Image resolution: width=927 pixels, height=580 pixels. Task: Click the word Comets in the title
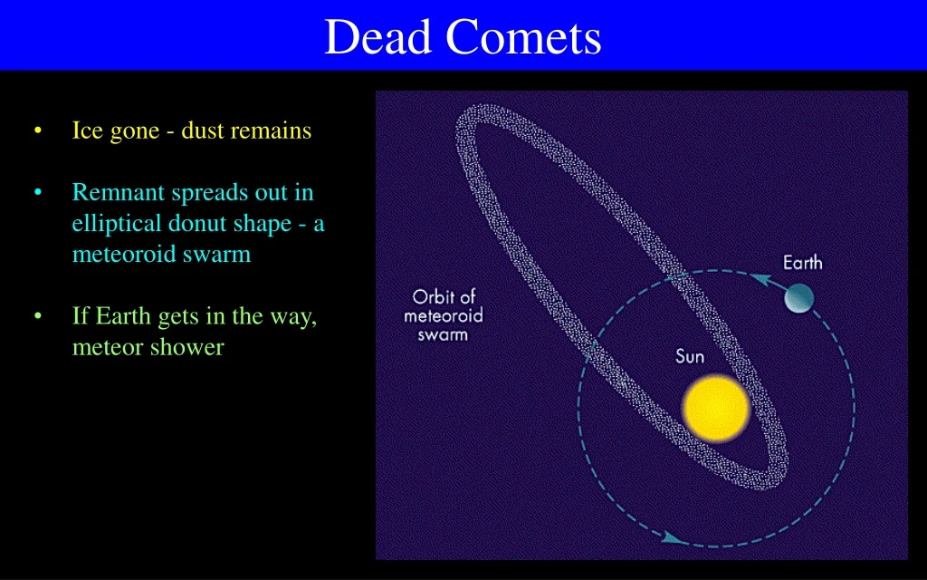(524, 38)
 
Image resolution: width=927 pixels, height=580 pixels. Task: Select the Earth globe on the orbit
(799, 297)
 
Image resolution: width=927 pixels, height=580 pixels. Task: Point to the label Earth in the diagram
(802, 263)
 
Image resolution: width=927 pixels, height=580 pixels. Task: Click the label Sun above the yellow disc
(690, 356)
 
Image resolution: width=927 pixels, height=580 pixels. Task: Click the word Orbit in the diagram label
(434, 297)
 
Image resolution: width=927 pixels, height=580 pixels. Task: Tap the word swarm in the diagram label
(443, 334)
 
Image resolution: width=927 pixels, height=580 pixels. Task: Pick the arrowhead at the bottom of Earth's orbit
(671, 538)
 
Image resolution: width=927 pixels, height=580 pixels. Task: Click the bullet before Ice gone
(37, 131)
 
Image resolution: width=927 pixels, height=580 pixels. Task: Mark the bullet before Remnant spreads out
(37, 193)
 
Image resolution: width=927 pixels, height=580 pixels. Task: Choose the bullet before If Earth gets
(37, 316)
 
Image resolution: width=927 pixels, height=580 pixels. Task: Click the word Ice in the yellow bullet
(88, 131)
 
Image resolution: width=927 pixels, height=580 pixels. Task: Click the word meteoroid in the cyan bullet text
(119, 255)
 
